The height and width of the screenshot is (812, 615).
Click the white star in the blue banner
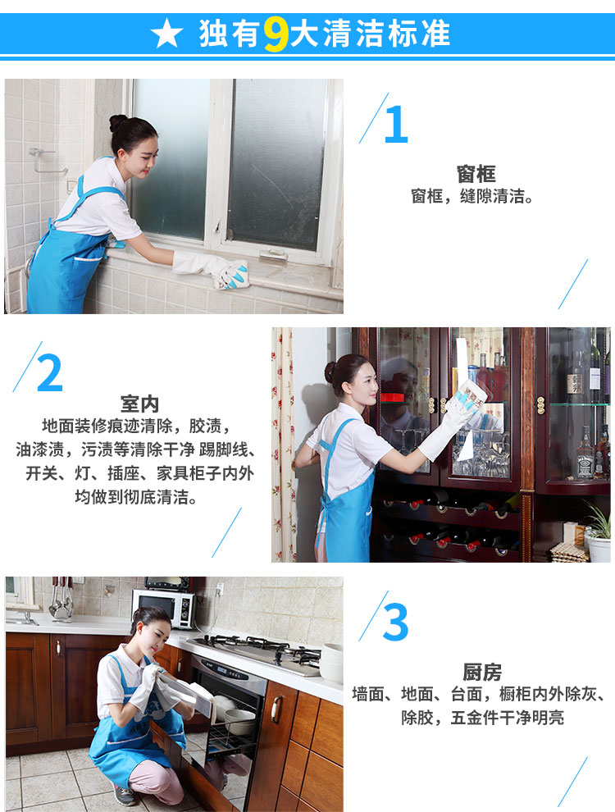pyautogui.click(x=166, y=33)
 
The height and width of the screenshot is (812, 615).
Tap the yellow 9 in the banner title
pyautogui.click(x=276, y=34)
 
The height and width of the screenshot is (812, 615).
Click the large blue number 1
pyautogui.click(x=397, y=125)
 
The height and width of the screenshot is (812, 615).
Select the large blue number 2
pyautogui.click(x=50, y=373)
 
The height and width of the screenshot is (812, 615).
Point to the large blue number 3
pyautogui.click(x=395, y=622)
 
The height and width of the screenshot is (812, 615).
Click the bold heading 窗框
pyautogui.click(x=476, y=174)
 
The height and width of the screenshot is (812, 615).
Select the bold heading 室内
pyautogui.click(x=139, y=404)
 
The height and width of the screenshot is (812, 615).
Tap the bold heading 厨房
pyautogui.click(x=482, y=673)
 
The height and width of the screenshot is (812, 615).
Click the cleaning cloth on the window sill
pyautogui.click(x=231, y=275)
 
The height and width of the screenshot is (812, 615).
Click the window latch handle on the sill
pyautogui.click(x=273, y=254)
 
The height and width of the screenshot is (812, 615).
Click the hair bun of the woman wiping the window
pyautogui.click(x=117, y=123)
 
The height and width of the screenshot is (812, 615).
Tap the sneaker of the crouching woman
pyautogui.click(x=125, y=796)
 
